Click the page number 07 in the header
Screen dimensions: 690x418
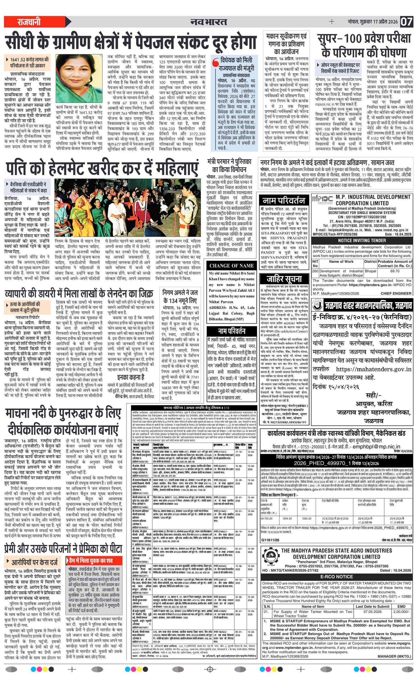(x=406, y=22)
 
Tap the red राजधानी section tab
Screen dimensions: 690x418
(x=29, y=22)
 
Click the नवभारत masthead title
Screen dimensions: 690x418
(x=208, y=22)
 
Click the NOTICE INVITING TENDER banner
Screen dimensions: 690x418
(x=362, y=241)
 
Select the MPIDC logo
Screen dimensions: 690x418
(x=322, y=200)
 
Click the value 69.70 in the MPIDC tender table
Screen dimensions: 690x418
(x=394, y=271)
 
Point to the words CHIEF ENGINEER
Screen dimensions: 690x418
(x=396, y=294)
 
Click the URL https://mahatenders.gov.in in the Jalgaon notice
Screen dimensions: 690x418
(x=373, y=369)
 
